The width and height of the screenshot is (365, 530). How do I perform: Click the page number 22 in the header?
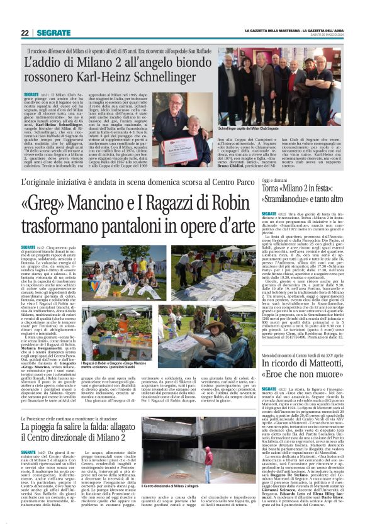click(x=25, y=33)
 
